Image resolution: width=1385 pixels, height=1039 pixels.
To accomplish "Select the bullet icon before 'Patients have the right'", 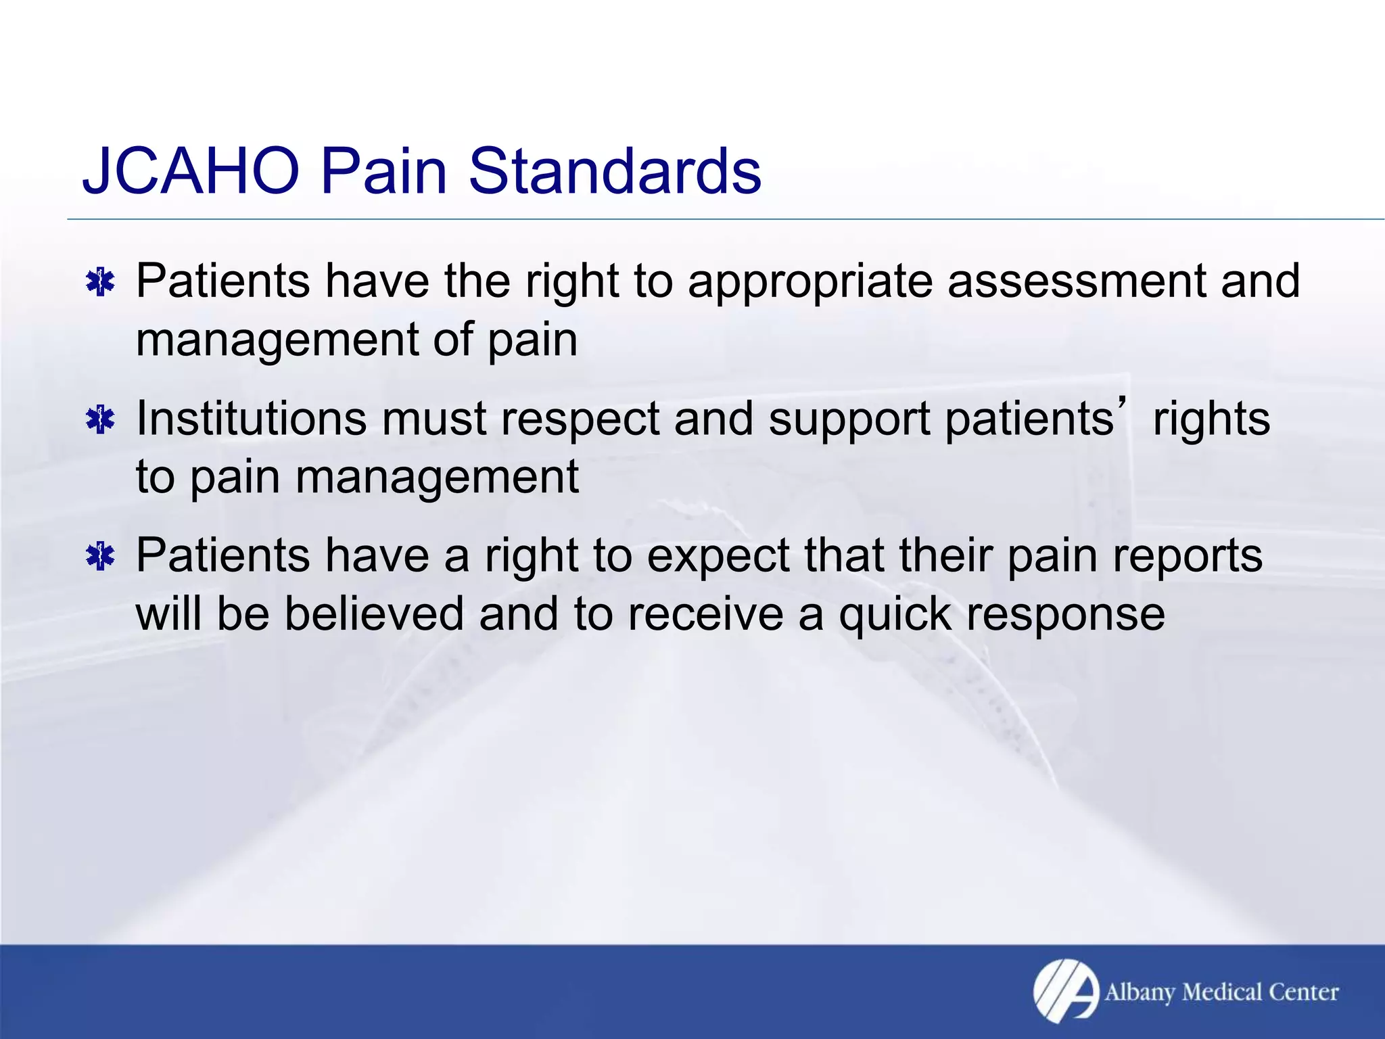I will (101, 282).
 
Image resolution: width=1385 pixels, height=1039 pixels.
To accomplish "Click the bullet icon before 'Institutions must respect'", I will (101, 420).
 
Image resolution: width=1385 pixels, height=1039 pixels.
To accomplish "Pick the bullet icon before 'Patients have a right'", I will (101, 557).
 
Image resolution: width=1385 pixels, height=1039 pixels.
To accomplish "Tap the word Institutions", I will (252, 419).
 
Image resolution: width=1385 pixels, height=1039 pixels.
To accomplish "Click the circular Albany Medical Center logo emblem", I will (1066, 991).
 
